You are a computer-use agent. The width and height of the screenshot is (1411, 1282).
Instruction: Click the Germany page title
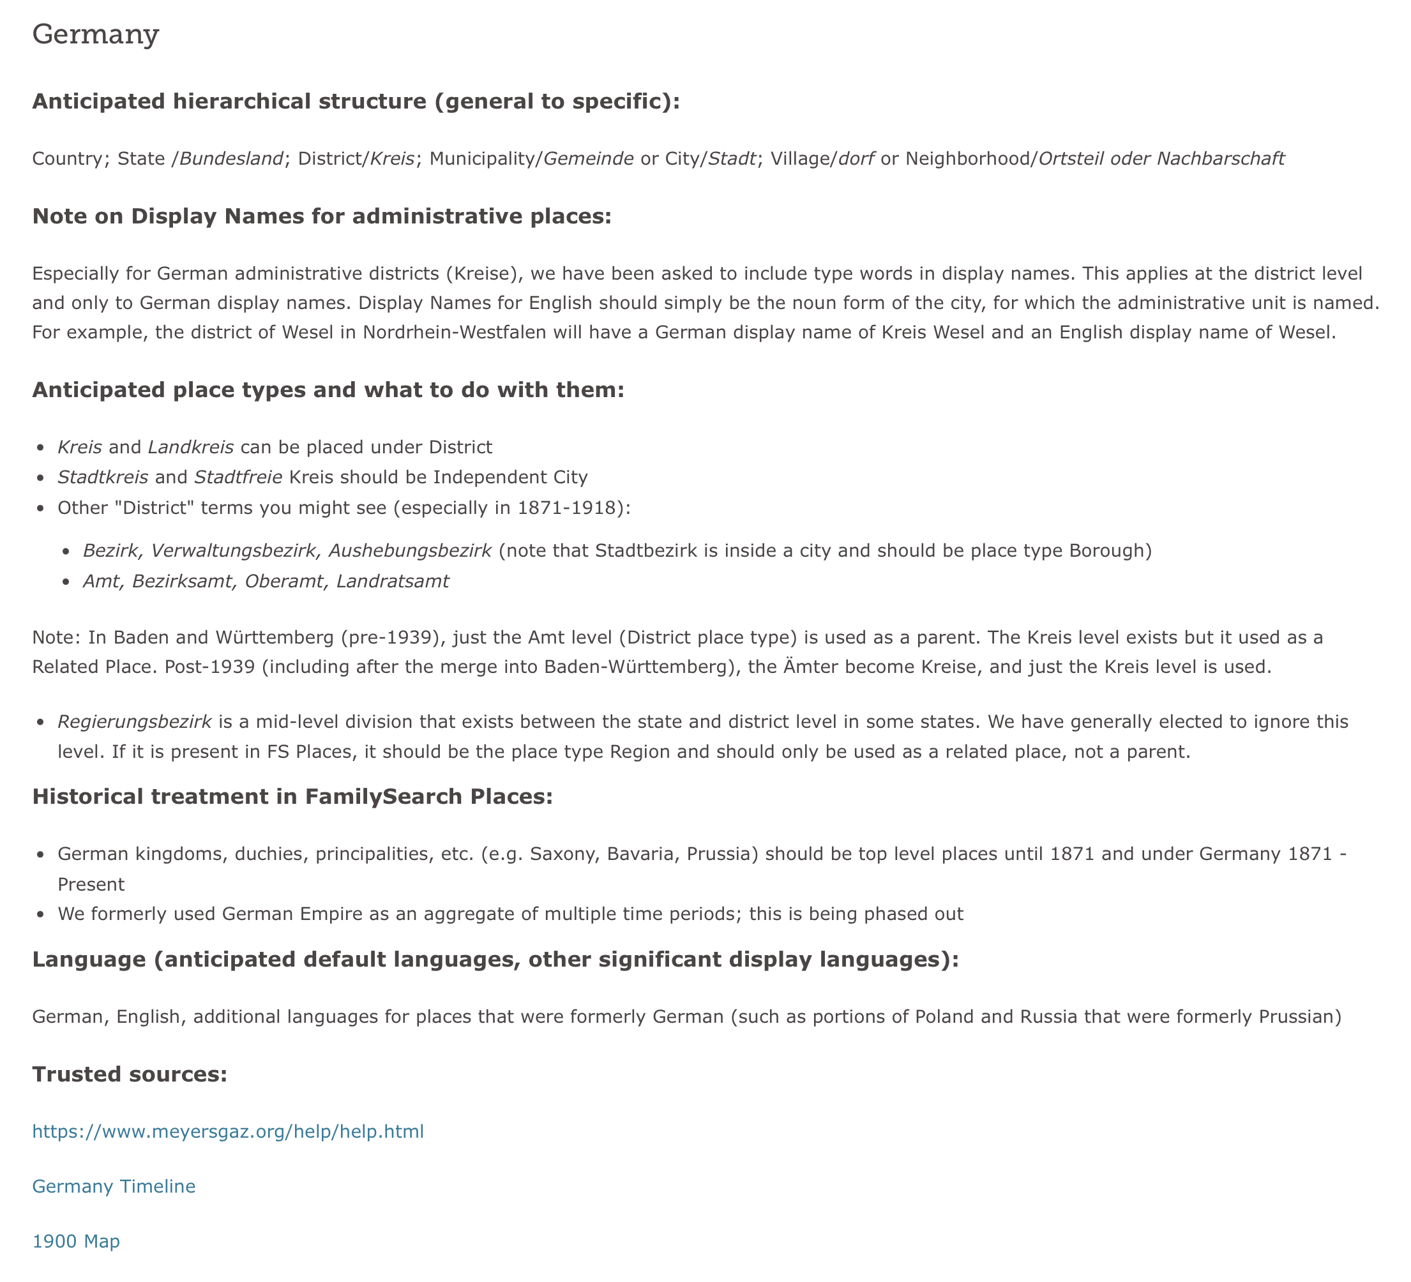point(96,34)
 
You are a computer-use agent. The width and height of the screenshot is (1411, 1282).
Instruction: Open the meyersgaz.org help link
point(228,1131)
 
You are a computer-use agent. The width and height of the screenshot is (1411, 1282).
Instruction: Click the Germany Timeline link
point(114,1186)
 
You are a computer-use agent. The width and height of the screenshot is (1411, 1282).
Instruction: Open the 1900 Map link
point(76,1241)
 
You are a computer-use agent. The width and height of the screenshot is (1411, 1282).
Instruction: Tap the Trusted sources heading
point(130,1074)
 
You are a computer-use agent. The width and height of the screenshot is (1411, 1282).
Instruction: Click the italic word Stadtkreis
point(103,478)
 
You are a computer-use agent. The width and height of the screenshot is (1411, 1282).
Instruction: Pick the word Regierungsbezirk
point(134,721)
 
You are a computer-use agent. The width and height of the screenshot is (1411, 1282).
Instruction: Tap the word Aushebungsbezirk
point(409,551)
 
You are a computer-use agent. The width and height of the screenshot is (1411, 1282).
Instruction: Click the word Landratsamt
point(393,582)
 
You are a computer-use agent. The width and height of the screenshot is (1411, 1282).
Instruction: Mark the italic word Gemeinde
point(589,159)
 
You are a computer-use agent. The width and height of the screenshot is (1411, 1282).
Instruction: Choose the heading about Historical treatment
point(292,796)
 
